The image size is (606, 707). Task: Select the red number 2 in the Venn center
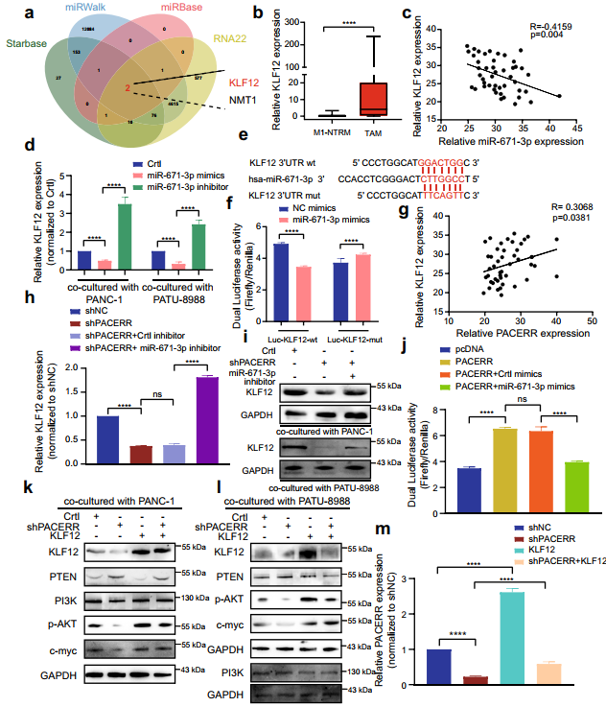126,88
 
